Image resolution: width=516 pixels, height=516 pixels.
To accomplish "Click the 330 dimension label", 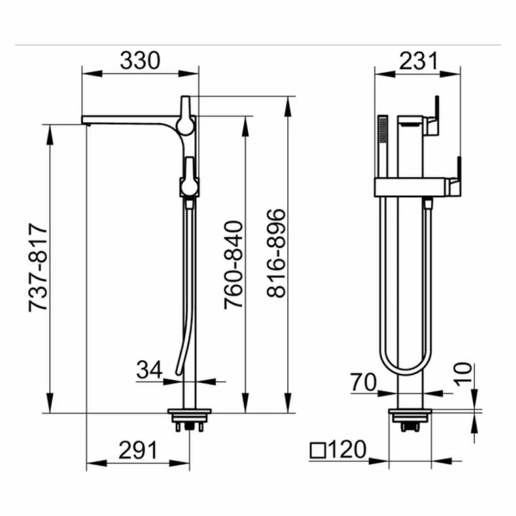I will tap(140, 60).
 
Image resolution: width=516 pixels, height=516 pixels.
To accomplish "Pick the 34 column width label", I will tap(149, 370).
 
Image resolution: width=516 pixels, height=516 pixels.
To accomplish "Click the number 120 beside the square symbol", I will tap(347, 450).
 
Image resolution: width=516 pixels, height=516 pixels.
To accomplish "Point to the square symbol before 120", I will tap(317, 450).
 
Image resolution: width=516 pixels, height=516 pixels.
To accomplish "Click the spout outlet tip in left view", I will tap(85, 122).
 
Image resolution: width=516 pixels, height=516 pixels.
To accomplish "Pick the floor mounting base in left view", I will tap(188, 415).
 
